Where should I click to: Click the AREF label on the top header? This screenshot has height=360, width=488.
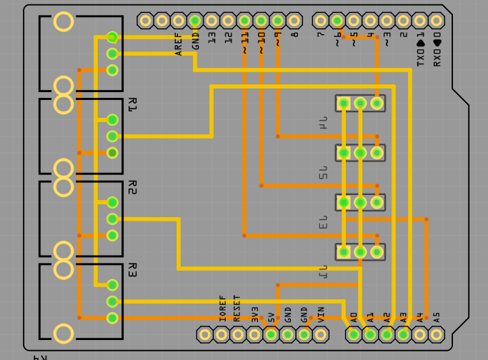point(179,43)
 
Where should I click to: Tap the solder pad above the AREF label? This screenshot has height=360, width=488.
point(179,21)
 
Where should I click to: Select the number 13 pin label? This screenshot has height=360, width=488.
point(211,37)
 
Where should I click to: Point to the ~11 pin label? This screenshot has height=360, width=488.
point(244,42)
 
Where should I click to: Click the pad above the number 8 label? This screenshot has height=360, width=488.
point(294,21)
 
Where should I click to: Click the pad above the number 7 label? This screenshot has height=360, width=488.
point(320,21)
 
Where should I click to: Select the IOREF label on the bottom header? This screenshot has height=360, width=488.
point(222,308)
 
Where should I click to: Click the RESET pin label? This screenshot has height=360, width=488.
point(238,308)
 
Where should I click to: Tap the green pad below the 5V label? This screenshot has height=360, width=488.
point(271,334)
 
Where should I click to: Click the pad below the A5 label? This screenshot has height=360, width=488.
point(436,334)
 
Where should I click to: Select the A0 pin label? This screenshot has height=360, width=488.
point(354,316)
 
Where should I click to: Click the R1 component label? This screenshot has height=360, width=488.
point(131,105)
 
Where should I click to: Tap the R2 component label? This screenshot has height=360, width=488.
point(131,187)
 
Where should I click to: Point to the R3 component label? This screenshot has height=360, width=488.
point(131,270)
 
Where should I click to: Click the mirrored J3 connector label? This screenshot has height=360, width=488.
point(324,222)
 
